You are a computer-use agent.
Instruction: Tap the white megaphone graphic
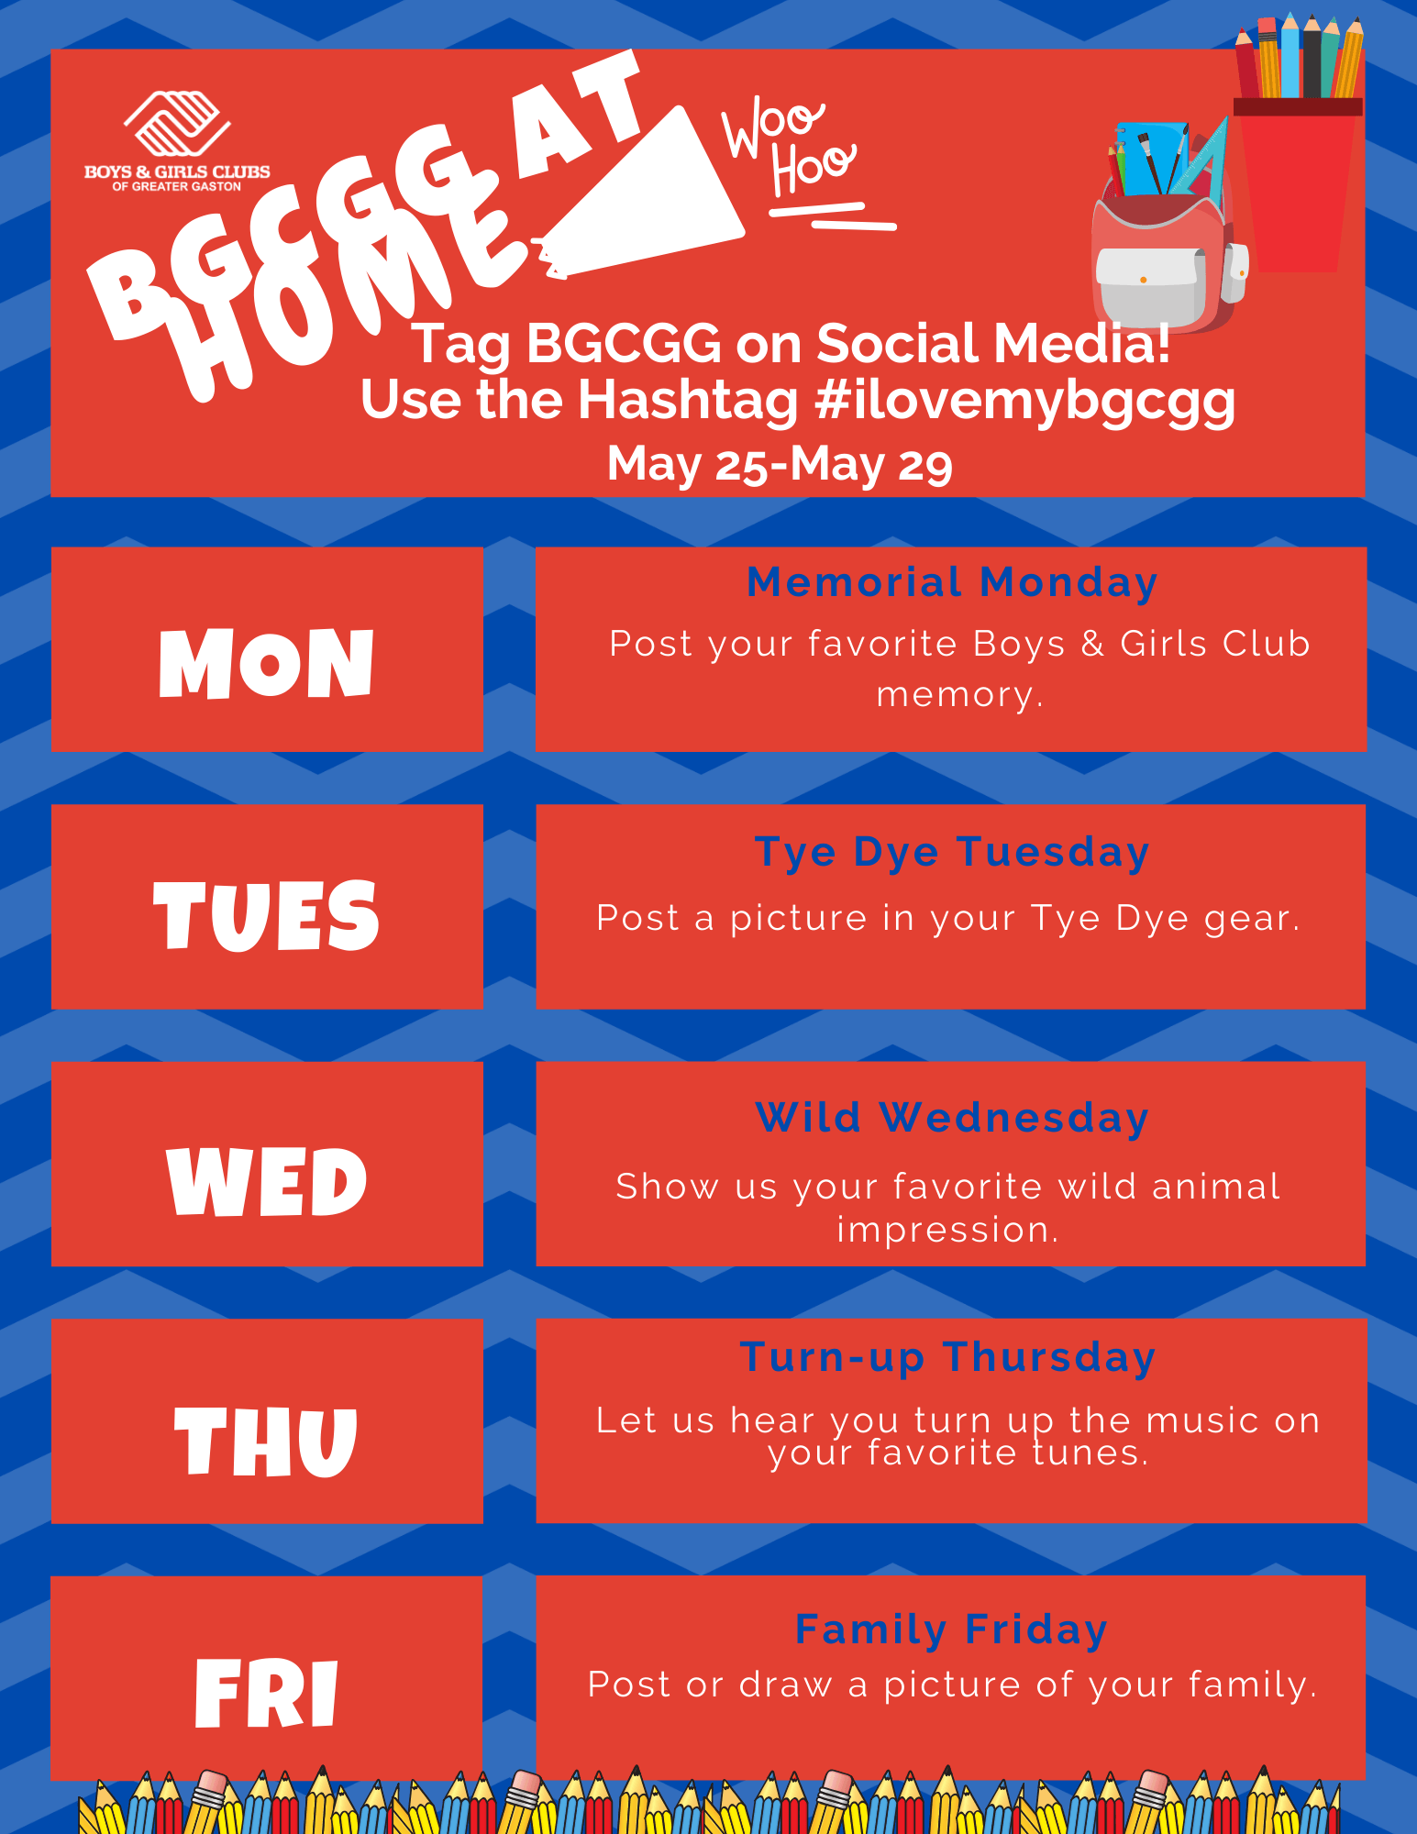coord(642,198)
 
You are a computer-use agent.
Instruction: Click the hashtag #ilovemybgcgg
coord(1024,401)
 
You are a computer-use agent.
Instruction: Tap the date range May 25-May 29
coord(780,464)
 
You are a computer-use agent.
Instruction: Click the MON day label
coord(267,663)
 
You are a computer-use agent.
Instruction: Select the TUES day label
coord(266,915)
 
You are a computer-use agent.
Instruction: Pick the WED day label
coord(267,1181)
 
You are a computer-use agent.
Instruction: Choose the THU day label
coord(266,1441)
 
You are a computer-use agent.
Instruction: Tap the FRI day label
coord(267,1693)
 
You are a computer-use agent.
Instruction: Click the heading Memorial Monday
coord(952,582)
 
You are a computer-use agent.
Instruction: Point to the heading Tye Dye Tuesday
coord(952,853)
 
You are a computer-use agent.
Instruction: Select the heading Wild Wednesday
coord(952,1118)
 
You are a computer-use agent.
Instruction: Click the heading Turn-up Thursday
coord(948,1358)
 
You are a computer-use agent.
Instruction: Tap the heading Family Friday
coord(952,1630)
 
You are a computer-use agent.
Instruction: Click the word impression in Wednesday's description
coord(947,1230)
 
